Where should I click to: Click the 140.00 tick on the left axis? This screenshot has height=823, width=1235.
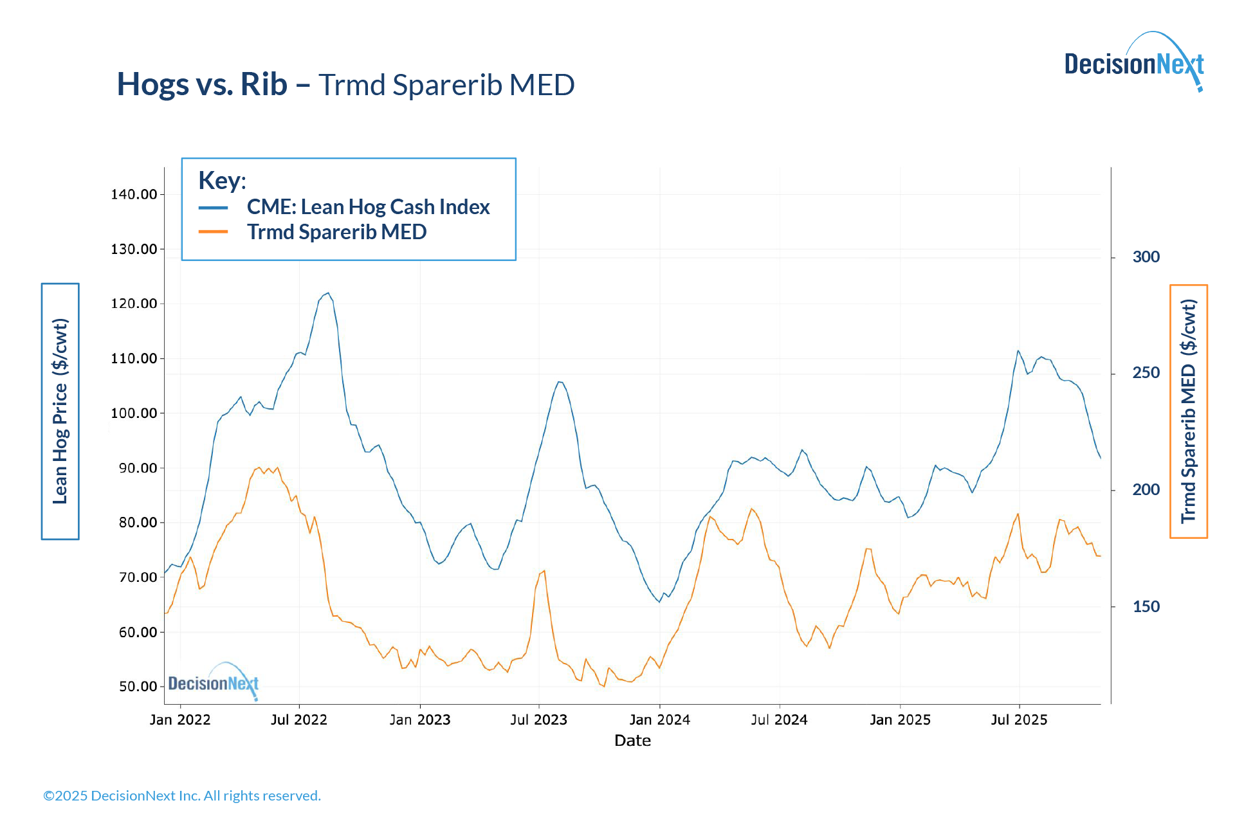coord(134,194)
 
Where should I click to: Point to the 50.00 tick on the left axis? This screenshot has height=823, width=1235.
coord(138,687)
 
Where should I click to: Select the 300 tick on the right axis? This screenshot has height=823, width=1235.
coord(1146,257)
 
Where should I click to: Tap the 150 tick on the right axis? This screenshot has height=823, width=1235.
coord(1146,607)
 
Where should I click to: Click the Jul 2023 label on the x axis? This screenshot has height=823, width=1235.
coord(538,720)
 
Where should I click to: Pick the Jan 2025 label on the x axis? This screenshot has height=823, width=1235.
coord(900,720)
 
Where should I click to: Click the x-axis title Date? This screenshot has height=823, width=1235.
coord(632,741)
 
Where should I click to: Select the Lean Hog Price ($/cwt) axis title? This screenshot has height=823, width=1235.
coord(60,411)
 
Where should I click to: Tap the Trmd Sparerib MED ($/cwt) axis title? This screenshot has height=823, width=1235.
coord(1189,411)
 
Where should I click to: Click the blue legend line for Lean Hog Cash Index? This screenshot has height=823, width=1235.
coord(213,208)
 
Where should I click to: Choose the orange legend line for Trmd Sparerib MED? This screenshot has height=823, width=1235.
coord(213,232)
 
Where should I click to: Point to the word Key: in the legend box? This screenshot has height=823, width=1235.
coord(222,181)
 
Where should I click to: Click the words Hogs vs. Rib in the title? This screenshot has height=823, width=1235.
coord(202,84)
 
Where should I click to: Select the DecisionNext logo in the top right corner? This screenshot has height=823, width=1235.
coord(1134,63)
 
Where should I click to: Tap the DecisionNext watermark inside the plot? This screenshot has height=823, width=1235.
coord(214,682)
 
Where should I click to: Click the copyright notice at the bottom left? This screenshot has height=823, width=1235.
coord(182,796)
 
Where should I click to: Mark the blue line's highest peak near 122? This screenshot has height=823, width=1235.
coord(328,293)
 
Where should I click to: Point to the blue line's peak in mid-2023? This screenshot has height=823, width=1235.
coord(560,382)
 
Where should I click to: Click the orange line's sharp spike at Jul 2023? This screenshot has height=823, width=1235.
coord(544,570)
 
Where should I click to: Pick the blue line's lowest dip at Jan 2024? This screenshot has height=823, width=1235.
coord(659,602)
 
